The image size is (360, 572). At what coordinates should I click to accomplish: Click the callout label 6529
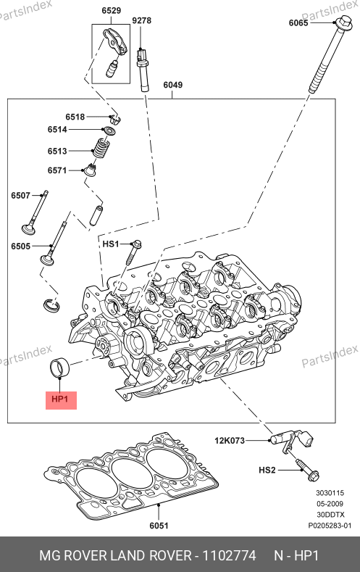(111, 11)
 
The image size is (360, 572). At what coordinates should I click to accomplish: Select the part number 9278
(142, 20)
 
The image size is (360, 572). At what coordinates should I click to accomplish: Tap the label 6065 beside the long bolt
(298, 23)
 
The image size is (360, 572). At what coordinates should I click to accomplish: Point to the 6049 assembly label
(172, 85)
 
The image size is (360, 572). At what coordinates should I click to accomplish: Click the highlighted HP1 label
(60, 399)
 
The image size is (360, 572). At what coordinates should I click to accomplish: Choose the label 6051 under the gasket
(159, 526)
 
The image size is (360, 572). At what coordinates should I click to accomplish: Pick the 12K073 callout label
(230, 441)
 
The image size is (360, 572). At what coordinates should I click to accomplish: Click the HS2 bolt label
(267, 471)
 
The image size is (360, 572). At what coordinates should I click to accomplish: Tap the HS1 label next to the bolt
(111, 244)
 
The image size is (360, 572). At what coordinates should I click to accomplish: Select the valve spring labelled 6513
(101, 148)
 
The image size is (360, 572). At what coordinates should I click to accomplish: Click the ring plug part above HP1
(59, 368)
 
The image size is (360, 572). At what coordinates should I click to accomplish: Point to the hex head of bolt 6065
(344, 24)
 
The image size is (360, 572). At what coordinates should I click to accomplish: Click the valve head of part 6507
(28, 230)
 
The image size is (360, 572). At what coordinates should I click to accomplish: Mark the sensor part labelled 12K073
(292, 439)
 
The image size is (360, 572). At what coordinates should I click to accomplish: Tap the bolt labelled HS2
(308, 470)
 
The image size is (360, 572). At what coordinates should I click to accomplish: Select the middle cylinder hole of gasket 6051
(132, 471)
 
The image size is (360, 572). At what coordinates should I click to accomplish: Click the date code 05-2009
(330, 504)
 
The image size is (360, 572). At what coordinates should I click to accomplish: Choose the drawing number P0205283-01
(330, 526)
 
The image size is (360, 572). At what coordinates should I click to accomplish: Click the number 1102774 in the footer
(229, 556)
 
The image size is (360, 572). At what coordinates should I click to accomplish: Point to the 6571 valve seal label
(57, 170)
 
